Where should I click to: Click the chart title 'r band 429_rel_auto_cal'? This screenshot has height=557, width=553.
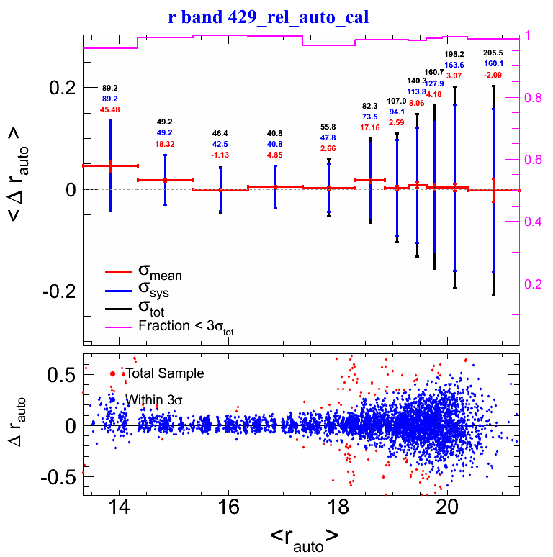(269, 17)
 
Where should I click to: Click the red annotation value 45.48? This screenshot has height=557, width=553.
(111, 110)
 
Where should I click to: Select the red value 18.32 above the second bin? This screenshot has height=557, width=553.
(165, 144)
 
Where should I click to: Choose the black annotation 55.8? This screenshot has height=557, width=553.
(328, 127)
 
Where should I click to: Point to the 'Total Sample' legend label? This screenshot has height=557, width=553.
(164, 373)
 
